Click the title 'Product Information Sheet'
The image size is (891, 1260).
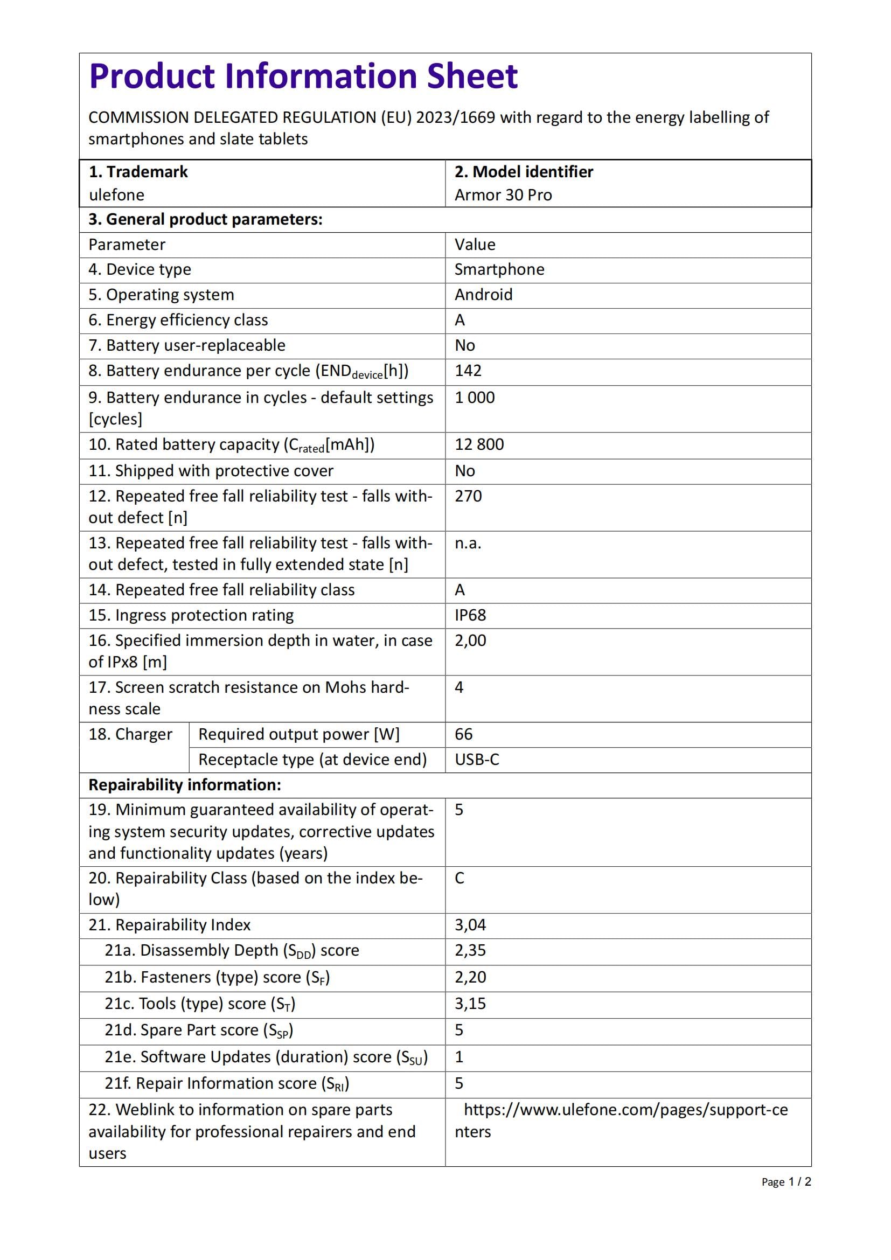pos(303,76)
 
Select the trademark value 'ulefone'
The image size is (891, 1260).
pos(116,195)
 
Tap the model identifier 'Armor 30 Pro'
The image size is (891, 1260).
pos(503,195)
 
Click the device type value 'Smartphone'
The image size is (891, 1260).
pos(499,269)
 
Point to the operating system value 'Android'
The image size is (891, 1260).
pos(483,295)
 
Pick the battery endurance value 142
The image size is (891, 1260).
pos(468,371)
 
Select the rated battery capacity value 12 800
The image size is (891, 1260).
pos(479,444)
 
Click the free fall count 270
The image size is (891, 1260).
pos(468,496)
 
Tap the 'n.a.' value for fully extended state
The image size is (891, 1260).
pos(468,544)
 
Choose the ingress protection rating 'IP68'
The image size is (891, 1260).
pos(470,615)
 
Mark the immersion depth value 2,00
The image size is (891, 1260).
pos(470,641)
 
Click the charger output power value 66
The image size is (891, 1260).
pos(464,734)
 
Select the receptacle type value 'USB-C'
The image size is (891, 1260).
pos(477,760)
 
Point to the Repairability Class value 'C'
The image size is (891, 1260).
pos(460,878)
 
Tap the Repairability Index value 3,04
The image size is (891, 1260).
pos(470,925)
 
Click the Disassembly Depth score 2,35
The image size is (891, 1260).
pos(470,950)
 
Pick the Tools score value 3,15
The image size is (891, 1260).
pos(470,1004)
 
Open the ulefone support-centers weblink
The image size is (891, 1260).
pos(625,1110)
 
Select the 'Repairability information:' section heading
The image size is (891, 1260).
pos(184,785)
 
